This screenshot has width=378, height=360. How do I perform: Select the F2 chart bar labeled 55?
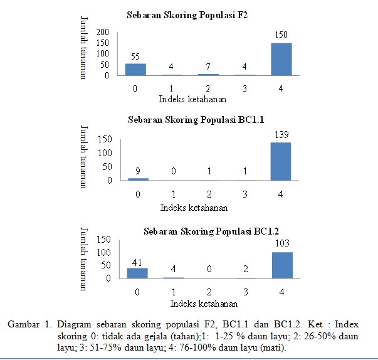135,69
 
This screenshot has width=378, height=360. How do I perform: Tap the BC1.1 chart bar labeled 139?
281,161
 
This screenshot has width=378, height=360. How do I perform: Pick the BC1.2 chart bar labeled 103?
282,265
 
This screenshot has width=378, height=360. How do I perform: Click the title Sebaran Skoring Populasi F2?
187,14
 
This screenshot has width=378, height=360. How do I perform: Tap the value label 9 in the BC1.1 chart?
139,170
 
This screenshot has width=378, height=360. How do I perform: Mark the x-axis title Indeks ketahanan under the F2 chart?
192,99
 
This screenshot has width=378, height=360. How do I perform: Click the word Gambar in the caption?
24,324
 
